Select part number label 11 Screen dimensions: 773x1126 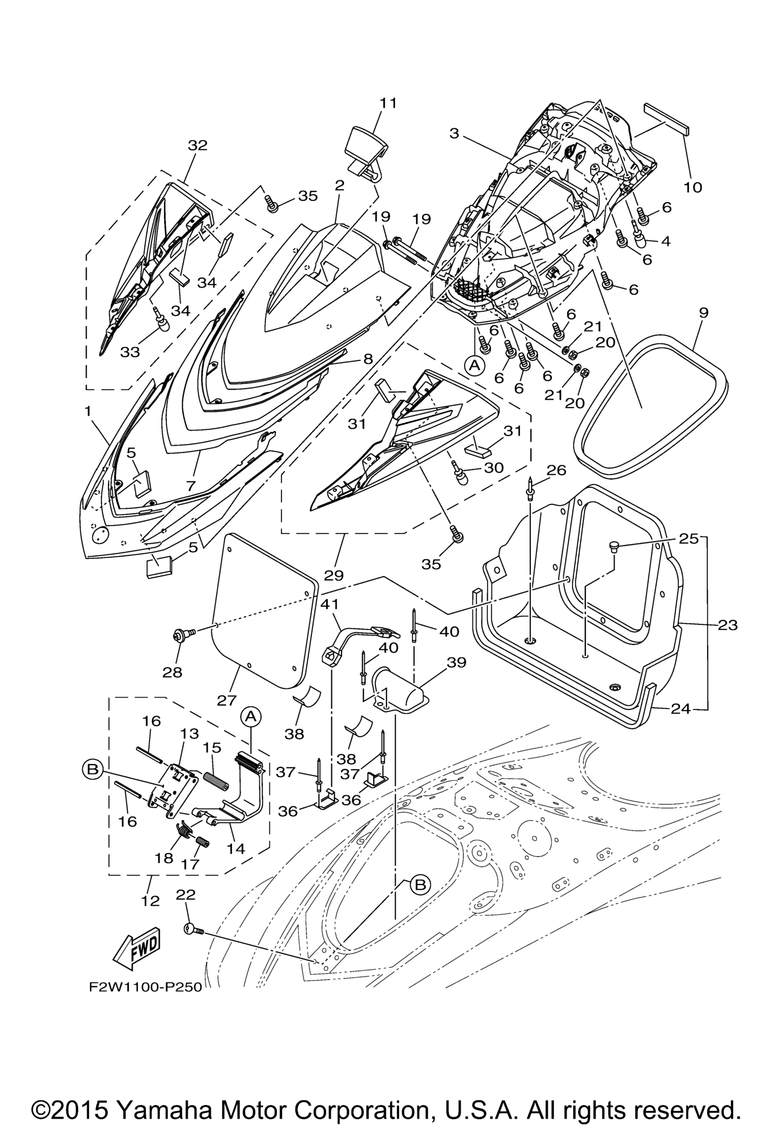click(388, 103)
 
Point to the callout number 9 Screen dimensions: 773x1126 click(703, 313)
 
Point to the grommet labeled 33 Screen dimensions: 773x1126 click(162, 319)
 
